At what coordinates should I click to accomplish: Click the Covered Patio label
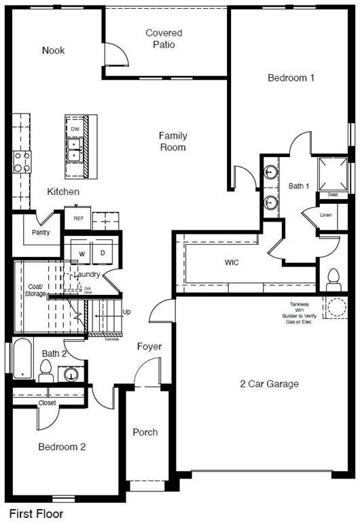click(164, 39)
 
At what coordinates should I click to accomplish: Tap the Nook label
click(53, 50)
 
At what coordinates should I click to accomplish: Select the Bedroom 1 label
click(291, 78)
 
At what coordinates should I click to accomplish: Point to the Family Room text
click(173, 141)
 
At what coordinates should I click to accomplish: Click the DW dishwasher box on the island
click(75, 128)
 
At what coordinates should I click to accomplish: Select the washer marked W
click(82, 254)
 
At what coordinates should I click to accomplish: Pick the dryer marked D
click(103, 254)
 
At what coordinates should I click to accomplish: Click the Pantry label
click(40, 232)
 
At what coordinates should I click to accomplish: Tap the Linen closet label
click(327, 215)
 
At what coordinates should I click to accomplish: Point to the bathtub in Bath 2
click(22, 358)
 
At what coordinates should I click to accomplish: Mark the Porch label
click(145, 432)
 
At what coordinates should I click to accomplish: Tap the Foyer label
click(149, 347)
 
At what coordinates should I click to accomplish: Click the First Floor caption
click(35, 515)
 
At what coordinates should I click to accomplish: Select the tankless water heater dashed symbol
click(335, 307)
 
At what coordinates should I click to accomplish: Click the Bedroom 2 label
click(61, 447)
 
